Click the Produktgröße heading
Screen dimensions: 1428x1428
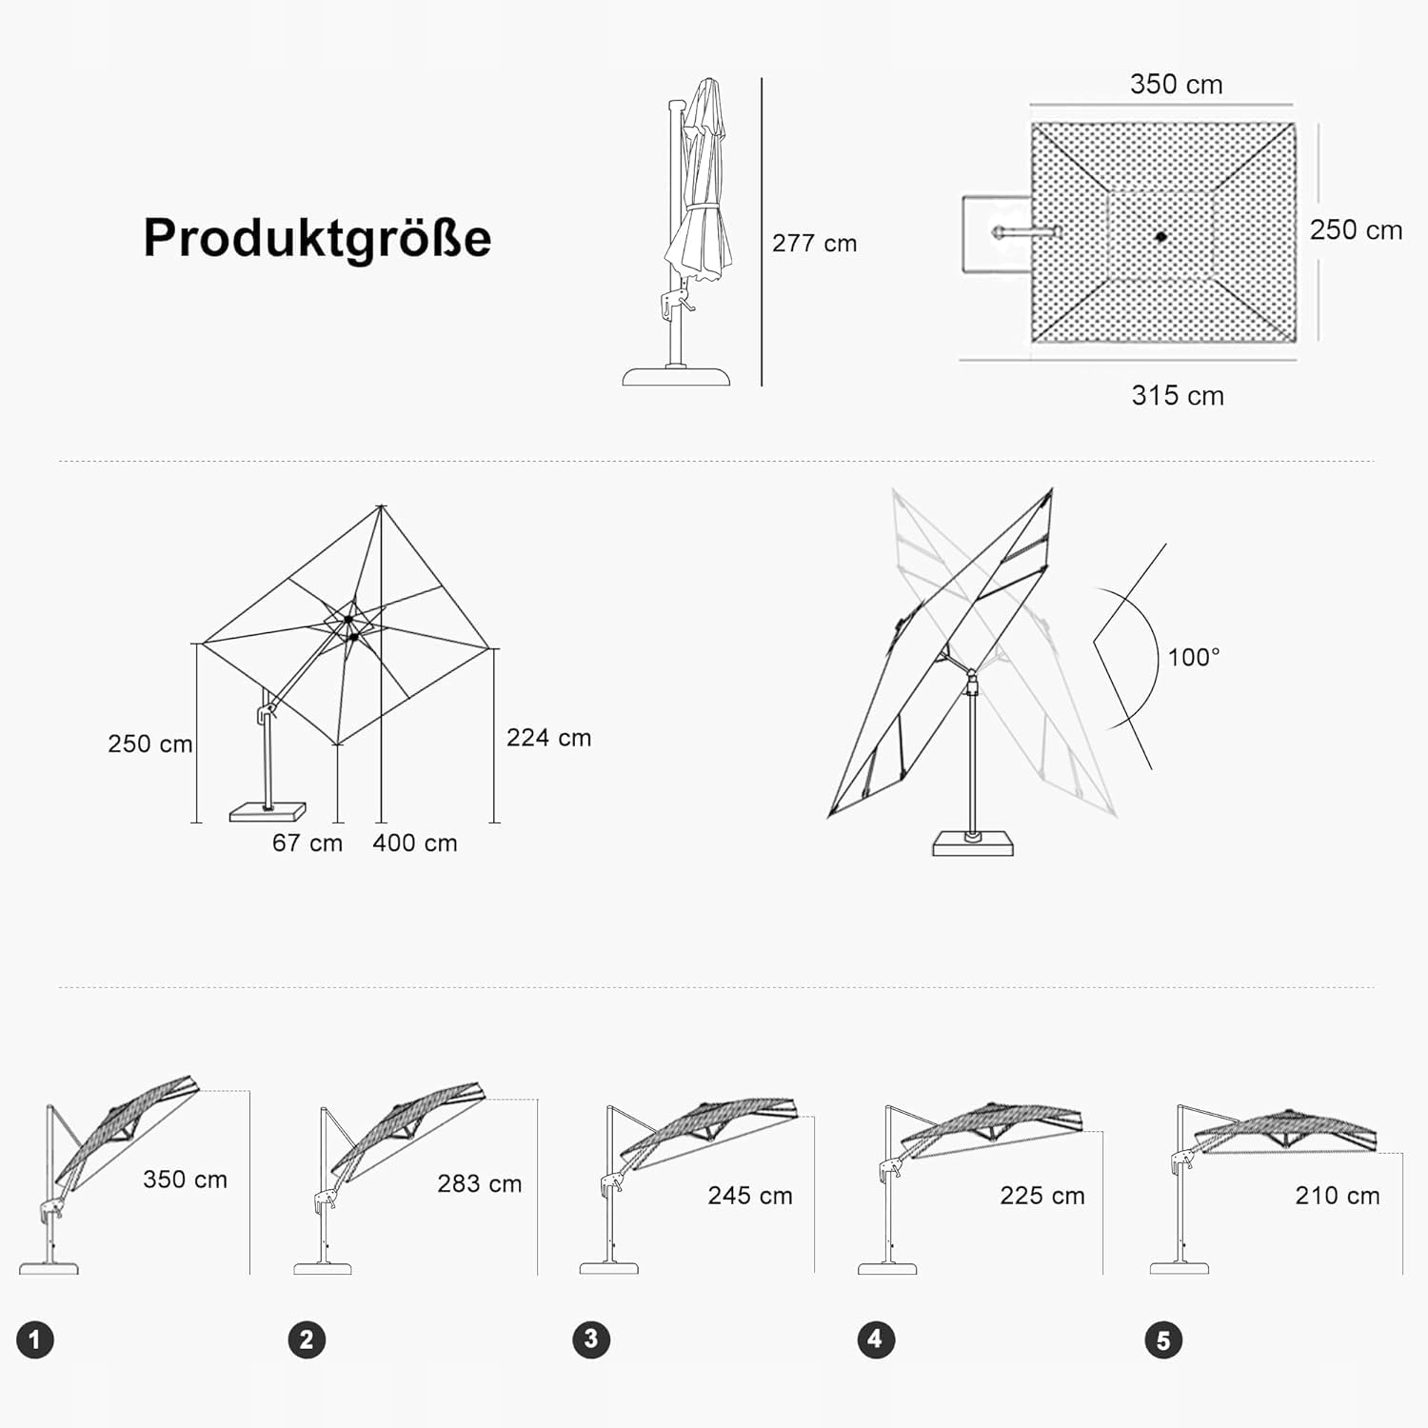[x=317, y=238]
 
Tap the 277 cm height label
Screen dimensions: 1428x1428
[x=814, y=244]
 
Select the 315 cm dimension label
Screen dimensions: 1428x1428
[x=1178, y=395]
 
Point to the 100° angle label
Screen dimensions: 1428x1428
[x=1194, y=657]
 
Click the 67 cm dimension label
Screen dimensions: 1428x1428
[x=307, y=843]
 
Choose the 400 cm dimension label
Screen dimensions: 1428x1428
[x=415, y=843]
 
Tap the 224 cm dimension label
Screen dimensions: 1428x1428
[x=548, y=738]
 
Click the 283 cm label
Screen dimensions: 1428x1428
[x=480, y=1183]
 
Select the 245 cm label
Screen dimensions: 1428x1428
[x=750, y=1196]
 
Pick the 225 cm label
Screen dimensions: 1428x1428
[x=1042, y=1196]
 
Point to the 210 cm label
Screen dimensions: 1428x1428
[x=1338, y=1196]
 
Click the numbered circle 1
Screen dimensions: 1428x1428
[x=35, y=1340]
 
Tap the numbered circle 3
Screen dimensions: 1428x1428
[x=591, y=1339]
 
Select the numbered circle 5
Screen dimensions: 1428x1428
[x=1163, y=1340]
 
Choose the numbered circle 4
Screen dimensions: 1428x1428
[x=876, y=1339]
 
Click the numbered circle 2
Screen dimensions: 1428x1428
[x=307, y=1339]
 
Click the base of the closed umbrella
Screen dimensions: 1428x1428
[x=676, y=375]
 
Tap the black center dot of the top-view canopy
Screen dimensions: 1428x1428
[x=1160, y=236]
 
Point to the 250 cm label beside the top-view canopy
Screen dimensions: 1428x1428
[x=1356, y=230]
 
